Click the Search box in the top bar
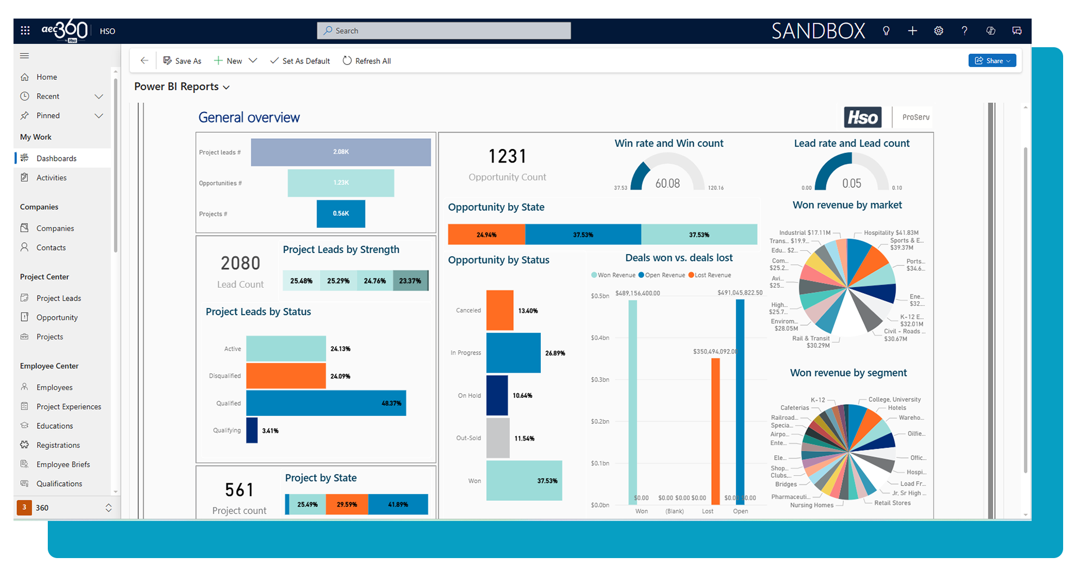coord(444,31)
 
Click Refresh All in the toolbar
coord(367,61)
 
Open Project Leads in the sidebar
coord(58,298)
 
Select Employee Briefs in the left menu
coord(63,464)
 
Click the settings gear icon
coord(938,31)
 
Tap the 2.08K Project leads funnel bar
coord(341,152)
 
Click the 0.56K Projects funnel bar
coord(341,214)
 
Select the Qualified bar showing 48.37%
coord(326,403)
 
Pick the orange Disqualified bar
coord(286,376)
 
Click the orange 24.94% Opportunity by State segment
coord(486,234)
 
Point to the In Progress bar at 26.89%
coord(513,353)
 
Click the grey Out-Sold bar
coord(498,438)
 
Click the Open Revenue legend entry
coord(662,275)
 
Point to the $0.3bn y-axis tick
coord(600,380)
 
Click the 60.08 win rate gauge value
coord(667,184)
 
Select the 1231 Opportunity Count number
coord(507,157)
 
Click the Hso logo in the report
coord(862,117)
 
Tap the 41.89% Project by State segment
coord(398,504)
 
